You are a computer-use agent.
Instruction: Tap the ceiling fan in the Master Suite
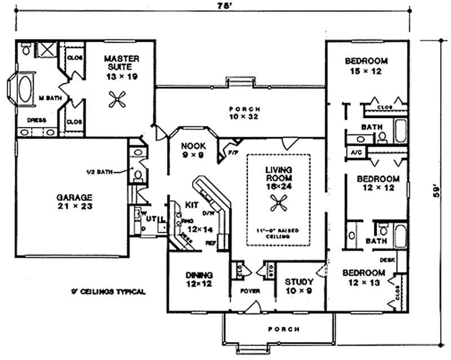click(117, 100)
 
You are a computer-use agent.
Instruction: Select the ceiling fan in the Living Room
click(277, 204)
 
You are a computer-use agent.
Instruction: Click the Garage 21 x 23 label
click(74, 202)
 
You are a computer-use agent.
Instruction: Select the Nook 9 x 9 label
click(192, 150)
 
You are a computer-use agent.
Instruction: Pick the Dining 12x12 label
click(199, 280)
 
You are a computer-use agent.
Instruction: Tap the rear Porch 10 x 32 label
click(244, 113)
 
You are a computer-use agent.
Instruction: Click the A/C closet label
click(356, 152)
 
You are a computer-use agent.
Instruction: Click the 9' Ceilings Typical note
click(108, 292)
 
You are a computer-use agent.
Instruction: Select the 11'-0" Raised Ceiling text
click(277, 234)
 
